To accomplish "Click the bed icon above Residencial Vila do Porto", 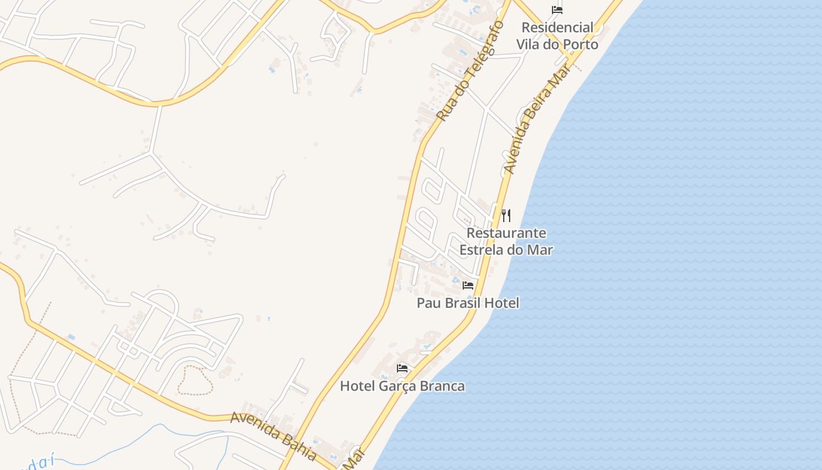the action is click(x=557, y=10).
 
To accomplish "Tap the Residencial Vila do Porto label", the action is click(x=557, y=36).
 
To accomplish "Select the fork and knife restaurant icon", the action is click(x=506, y=215).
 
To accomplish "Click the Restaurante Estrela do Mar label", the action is click(x=506, y=241).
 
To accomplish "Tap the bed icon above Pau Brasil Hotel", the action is click(x=468, y=286).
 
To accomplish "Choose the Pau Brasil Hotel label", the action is click(x=468, y=303).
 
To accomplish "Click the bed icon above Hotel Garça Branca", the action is click(x=402, y=368).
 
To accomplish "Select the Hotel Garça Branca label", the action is click(x=402, y=386).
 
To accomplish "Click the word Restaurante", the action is click(x=506, y=233).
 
